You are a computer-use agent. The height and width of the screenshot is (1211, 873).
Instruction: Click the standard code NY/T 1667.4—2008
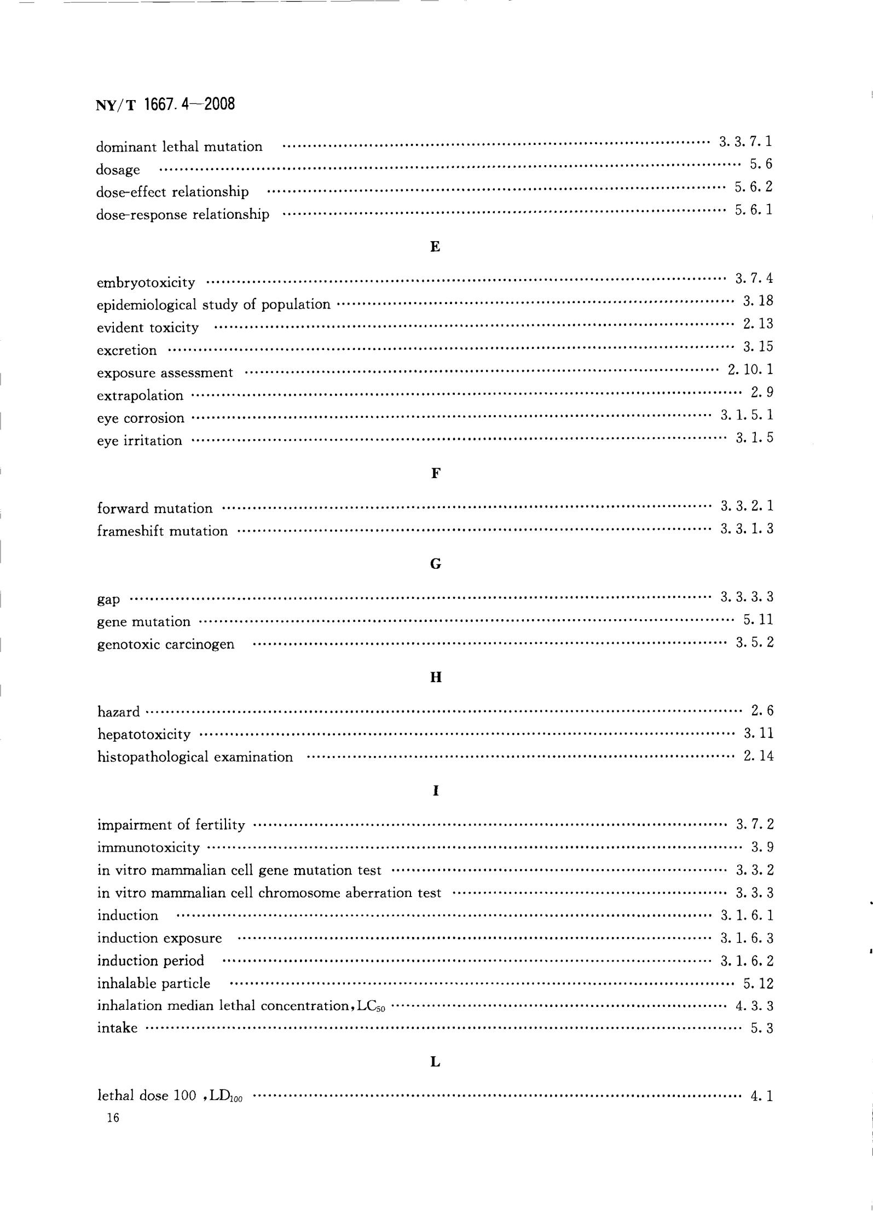165,104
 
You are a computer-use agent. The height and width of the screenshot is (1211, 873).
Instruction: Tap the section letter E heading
435,247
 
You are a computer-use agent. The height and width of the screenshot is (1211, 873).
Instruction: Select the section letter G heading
436,564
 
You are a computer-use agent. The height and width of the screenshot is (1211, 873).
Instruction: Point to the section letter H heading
436,678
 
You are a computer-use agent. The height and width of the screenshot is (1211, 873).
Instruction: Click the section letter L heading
436,1062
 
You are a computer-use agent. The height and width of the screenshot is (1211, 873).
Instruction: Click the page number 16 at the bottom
113,1118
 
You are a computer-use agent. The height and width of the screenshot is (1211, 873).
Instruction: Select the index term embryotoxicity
146,283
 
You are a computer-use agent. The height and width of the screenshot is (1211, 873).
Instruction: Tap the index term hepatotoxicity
144,734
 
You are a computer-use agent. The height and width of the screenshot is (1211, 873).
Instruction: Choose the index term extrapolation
140,395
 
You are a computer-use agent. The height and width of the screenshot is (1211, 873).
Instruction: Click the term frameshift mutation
162,531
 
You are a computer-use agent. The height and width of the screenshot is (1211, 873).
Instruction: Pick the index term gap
108,599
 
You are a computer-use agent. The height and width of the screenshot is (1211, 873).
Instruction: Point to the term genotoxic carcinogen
166,644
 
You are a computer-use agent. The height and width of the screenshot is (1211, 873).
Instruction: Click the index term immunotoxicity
148,848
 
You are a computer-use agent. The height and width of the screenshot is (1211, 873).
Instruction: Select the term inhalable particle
154,983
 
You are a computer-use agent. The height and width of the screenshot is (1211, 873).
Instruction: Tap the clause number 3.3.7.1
745,142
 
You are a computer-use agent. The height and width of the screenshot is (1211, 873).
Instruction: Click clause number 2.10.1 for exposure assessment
750,370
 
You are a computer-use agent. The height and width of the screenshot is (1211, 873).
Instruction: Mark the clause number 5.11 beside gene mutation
758,620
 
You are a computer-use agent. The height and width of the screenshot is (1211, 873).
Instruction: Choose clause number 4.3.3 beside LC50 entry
754,1005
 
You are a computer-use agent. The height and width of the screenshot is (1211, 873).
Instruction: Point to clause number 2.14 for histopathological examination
758,756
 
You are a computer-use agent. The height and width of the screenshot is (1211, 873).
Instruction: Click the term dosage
118,170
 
